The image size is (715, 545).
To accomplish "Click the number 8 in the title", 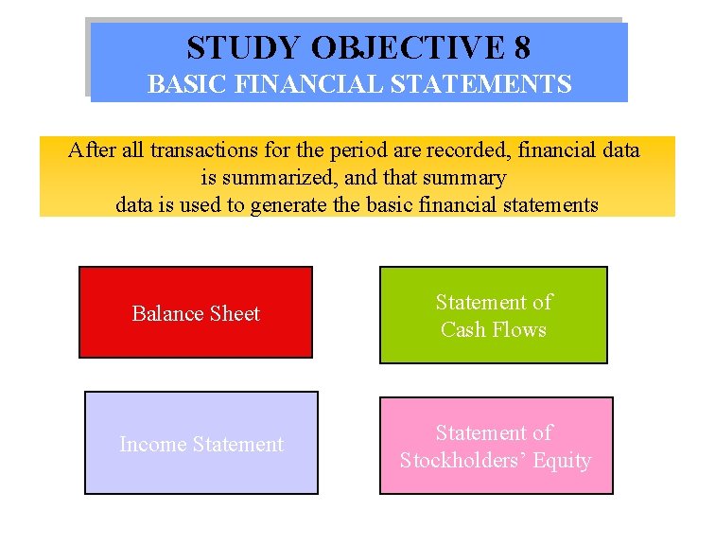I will click(519, 46).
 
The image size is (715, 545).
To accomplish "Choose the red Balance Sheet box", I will click(195, 312).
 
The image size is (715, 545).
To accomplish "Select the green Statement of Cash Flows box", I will click(493, 315).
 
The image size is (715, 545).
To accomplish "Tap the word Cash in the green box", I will click(462, 329).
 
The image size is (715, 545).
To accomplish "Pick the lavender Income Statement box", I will click(201, 443).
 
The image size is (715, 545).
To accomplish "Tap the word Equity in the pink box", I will click(561, 461).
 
